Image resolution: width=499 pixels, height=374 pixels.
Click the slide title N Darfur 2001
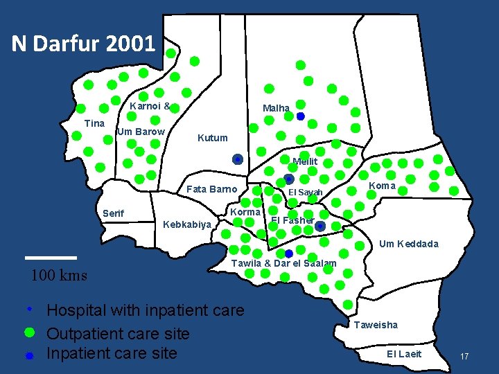click(83, 44)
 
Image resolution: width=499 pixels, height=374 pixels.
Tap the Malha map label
click(276, 108)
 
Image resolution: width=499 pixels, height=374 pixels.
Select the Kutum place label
click(212, 138)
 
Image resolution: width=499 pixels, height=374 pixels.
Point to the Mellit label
click(305, 161)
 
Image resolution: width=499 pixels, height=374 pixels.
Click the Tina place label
click(94, 123)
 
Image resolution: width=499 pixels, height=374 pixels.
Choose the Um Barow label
click(141, 132)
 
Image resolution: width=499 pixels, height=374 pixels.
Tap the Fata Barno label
click(211, 189)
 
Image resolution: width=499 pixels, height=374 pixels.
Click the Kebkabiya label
click(186, 224)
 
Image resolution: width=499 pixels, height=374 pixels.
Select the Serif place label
click(113, 213)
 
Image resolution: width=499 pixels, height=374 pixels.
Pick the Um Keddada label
click(408, 244)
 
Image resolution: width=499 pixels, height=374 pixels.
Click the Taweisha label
click(376, 324)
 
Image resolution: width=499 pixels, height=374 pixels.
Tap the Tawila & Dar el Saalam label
click(283, 263)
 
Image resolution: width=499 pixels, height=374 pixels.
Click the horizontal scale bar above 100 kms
click(51, 257)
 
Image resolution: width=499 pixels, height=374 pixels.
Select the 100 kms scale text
click(59, 275)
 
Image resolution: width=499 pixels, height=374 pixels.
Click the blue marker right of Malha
click(300, 116)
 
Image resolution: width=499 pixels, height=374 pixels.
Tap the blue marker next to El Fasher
click(319, 226)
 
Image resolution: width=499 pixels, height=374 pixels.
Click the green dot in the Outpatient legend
click(29, 332)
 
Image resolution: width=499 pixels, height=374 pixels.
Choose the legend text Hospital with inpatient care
click(145, 310)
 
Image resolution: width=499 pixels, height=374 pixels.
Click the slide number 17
click(464, 356)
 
